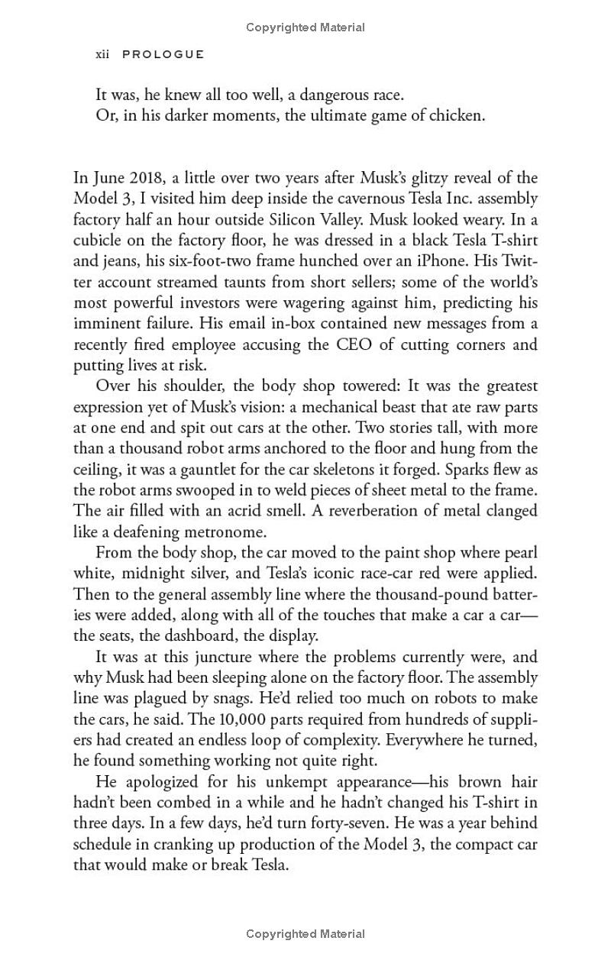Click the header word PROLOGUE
click(x=163, y=54)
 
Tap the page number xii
click(x=103, y=54)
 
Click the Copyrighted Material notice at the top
click(x=305, y=27)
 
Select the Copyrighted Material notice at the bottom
click(x=305, y=933)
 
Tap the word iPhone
click(x=450, y=260)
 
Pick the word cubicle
click(x=99, y=240)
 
